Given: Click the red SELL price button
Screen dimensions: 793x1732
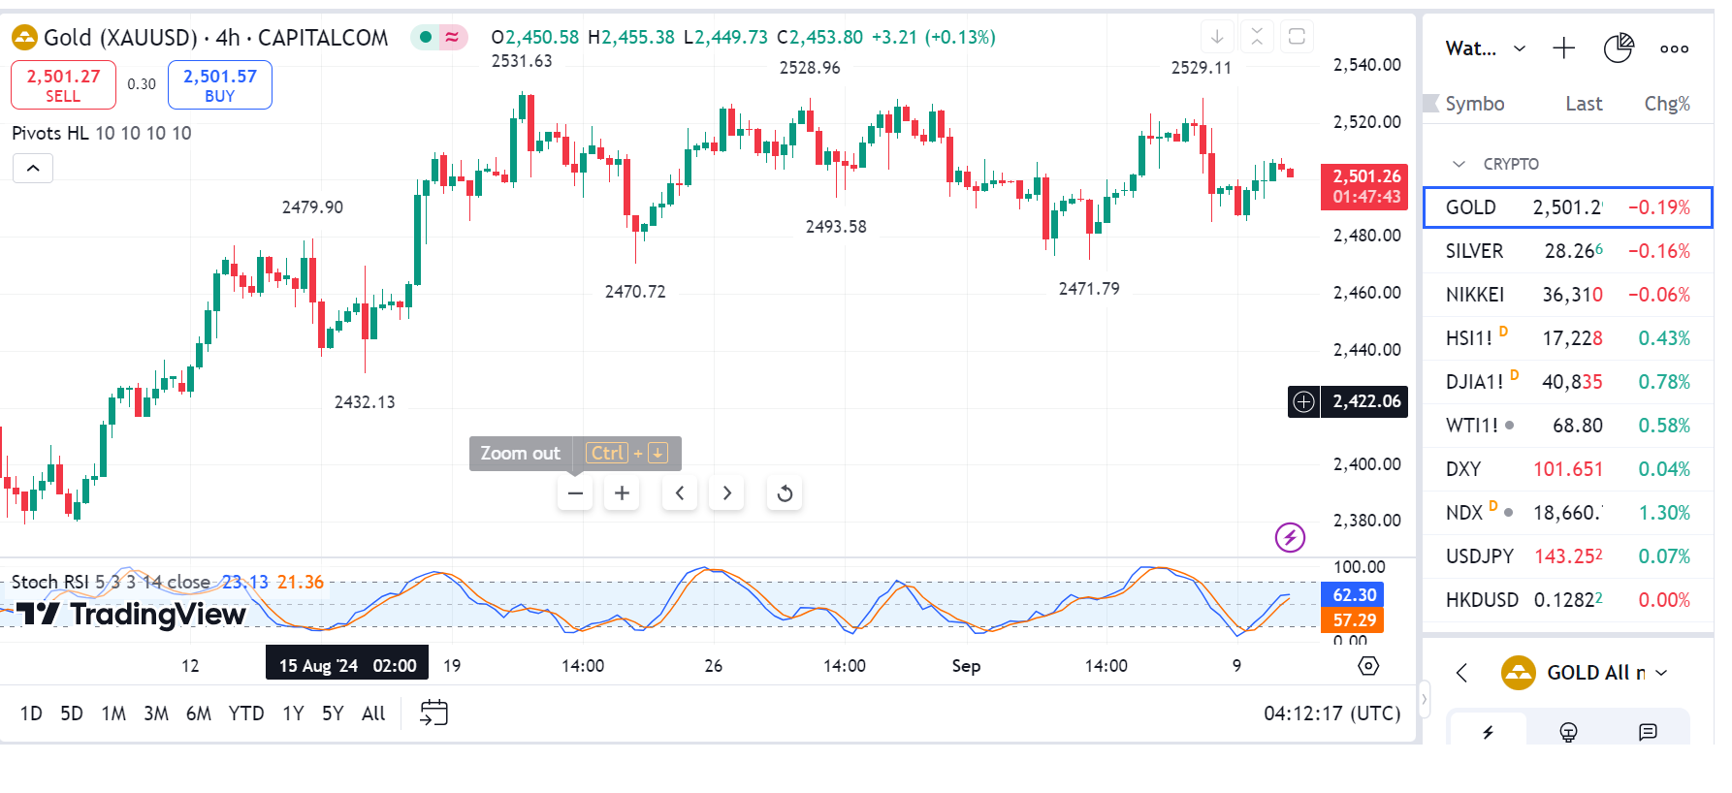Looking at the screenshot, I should [63, 84].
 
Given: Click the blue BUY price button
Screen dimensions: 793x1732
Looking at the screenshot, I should [220, 84].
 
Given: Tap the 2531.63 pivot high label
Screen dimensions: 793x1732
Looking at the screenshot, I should [522, 61].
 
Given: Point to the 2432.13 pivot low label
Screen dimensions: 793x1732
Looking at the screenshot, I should [365, 402].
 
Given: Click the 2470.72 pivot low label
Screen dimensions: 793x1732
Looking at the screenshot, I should [635, 292].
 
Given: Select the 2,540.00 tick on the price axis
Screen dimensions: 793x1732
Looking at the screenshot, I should [1366, 65].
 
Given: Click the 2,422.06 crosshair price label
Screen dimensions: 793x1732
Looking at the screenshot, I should [1365, 401].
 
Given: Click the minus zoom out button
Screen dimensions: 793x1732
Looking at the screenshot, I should [575, 493].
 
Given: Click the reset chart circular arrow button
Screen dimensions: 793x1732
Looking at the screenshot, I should [785, 493].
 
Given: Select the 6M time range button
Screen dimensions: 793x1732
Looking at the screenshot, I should [199, 714].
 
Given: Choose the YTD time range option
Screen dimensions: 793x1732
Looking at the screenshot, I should [246, 714].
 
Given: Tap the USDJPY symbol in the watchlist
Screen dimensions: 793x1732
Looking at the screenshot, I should [1479, 556].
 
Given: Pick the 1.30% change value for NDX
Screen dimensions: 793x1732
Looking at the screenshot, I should [1664, 513].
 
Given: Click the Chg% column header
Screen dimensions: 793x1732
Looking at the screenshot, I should [1667, 104].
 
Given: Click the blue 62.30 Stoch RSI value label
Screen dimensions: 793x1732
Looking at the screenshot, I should [1354, 595].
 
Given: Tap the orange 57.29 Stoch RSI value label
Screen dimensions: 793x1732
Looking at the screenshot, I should [1354, 620].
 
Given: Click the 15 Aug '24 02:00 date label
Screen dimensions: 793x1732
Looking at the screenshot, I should [347, 666].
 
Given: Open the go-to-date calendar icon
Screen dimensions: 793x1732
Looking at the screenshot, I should [433, 714].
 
